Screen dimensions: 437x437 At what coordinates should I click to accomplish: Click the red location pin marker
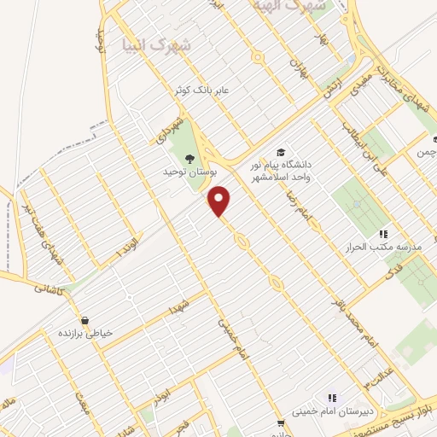coord(220,201)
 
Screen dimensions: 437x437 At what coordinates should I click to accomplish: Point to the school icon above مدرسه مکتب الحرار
coord(383,233)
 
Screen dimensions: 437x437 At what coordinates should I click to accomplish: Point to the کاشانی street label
coord(48,288)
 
